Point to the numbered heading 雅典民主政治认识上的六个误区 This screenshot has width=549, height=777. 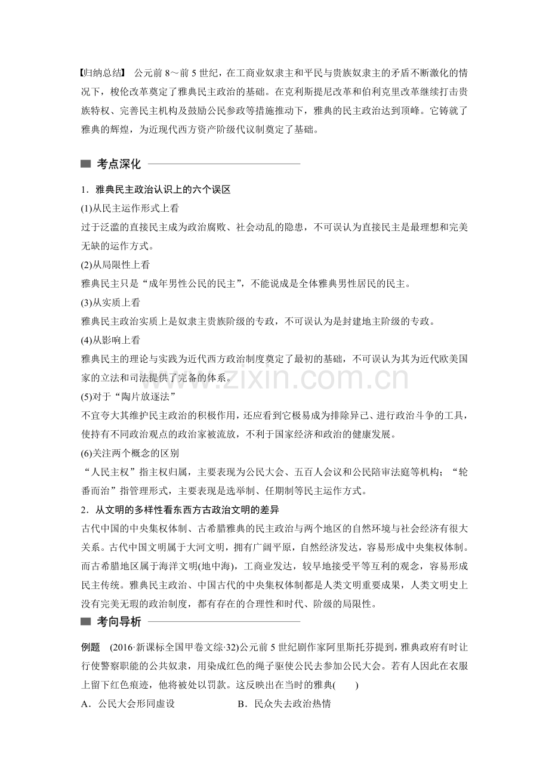click(x=162, y=190)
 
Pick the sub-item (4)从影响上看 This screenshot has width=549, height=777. click(x=110, y=340)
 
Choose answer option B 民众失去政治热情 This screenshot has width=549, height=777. click(x=284, y=704)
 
